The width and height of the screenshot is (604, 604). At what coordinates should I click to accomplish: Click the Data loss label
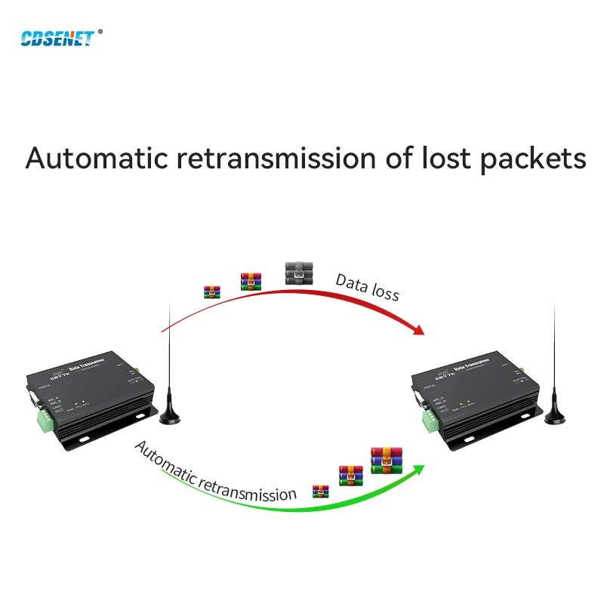pos(367,288)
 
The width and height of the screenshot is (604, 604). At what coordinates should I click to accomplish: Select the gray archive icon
pos(299,273)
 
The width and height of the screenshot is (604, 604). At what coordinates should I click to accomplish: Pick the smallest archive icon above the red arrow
pos(212,291)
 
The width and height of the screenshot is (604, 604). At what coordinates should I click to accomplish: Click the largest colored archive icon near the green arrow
pos(386,460)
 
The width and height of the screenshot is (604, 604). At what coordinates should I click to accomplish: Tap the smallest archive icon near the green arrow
pos(321,492)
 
